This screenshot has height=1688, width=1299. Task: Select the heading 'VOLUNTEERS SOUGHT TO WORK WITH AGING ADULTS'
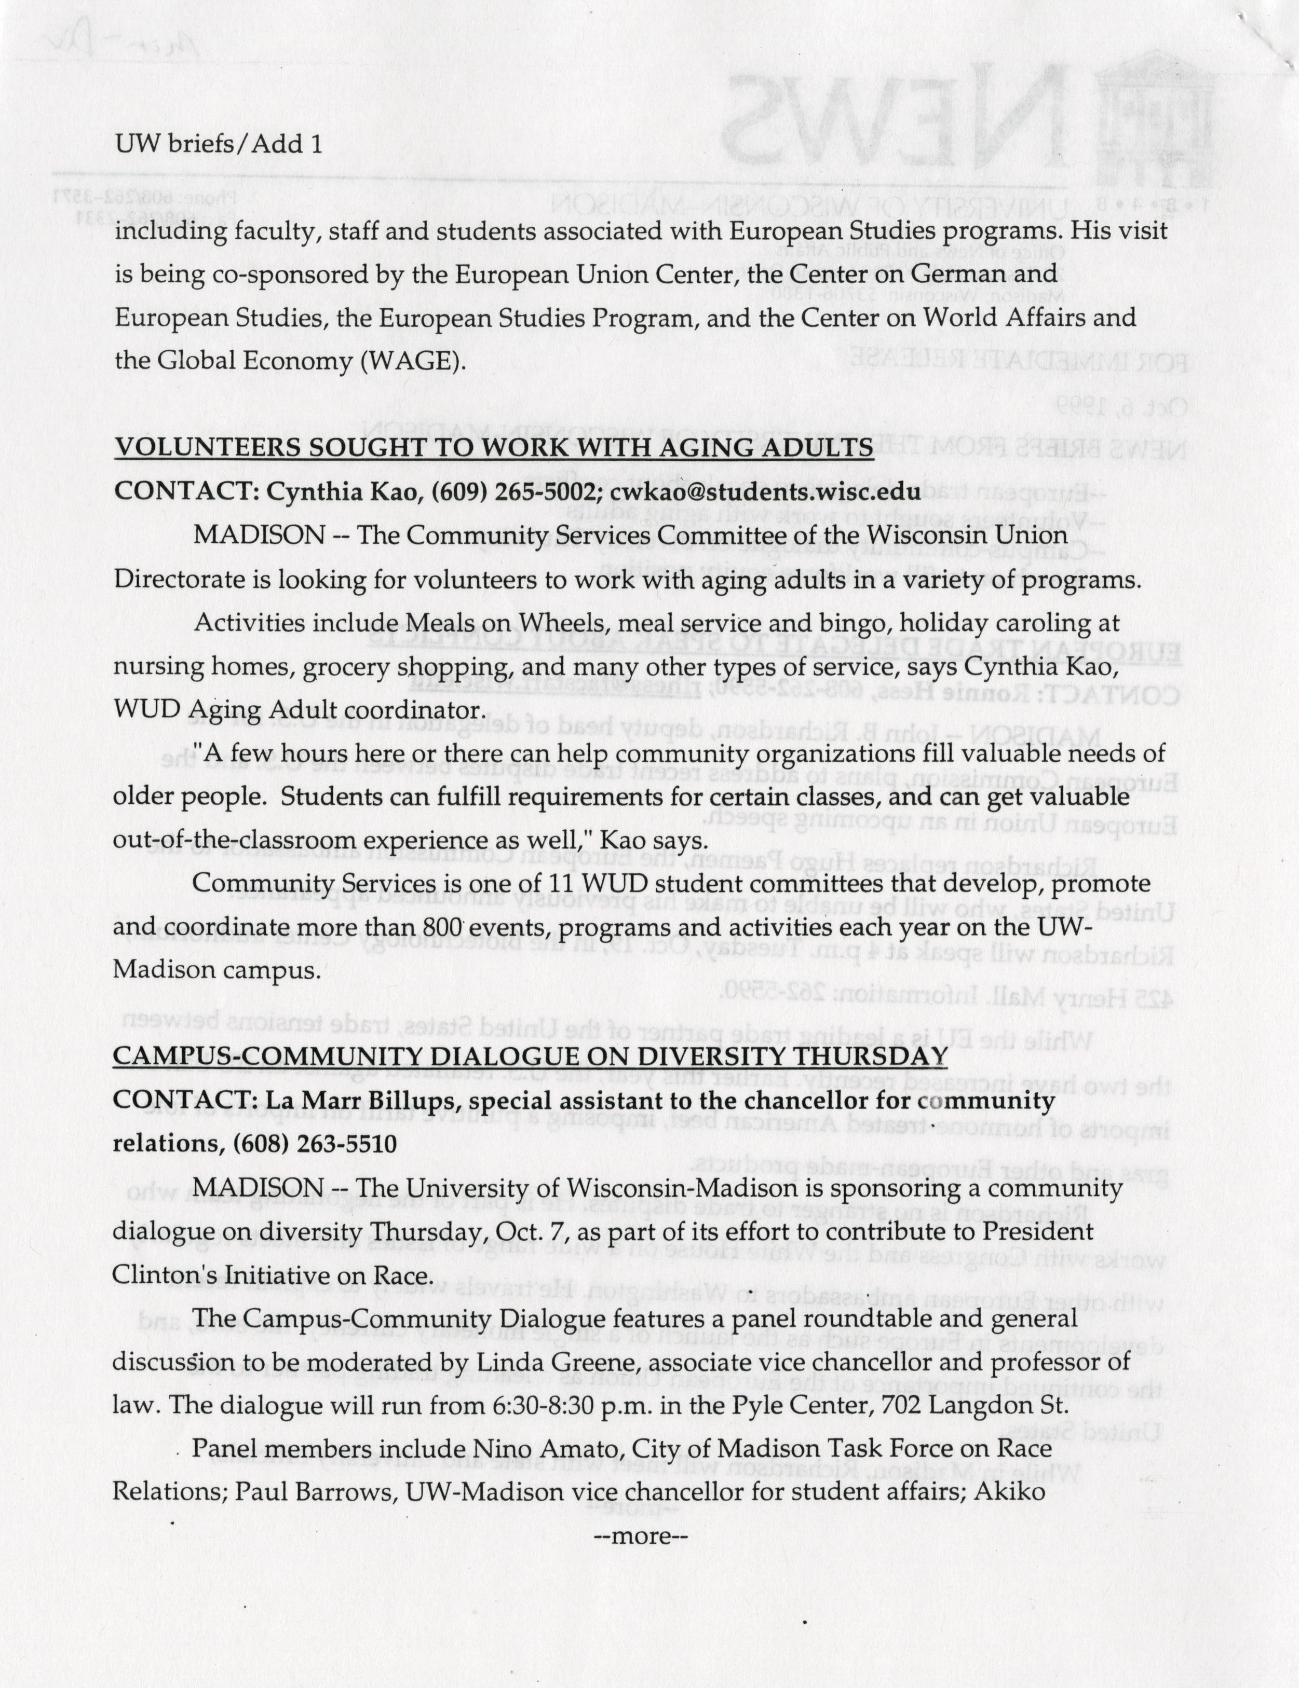(493, 447)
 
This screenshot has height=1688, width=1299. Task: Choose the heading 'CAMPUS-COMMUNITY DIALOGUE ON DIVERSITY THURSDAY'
(530, 1056)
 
